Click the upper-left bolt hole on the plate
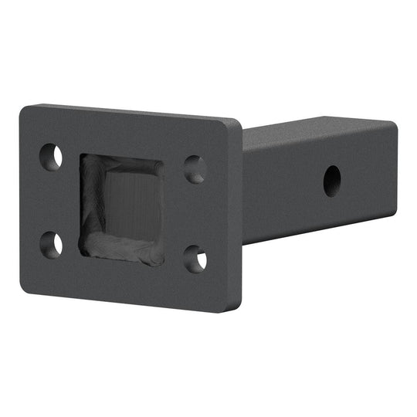[52, 158]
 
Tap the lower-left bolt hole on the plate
[52, 244]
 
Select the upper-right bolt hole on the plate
[195, 169]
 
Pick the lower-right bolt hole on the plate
[195, 259]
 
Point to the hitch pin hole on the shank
[334, 179]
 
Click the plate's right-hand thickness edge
[239, 216]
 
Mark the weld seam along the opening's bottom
[124, 255]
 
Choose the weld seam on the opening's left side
[90, 205]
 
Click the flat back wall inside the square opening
[131, 205]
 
